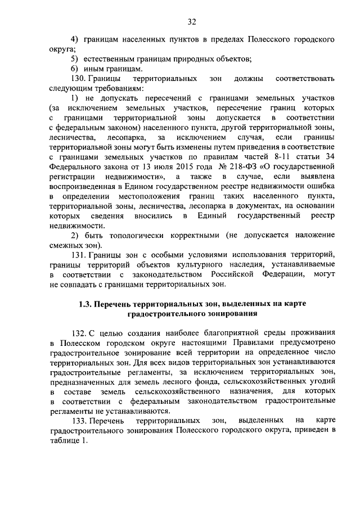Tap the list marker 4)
74,40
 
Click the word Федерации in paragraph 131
276,274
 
